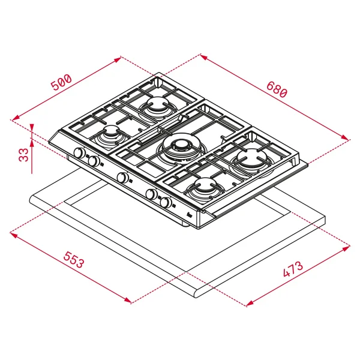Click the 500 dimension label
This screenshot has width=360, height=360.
(x=61, y=82)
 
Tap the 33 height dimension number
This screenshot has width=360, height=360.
(x=23, y=155)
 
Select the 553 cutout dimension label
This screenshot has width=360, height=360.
(x=74, y=260)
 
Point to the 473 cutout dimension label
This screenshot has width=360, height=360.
(x=293, y=269)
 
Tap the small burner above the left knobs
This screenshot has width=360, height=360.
(x=112, y=136)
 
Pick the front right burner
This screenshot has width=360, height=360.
(x=205, y=187)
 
